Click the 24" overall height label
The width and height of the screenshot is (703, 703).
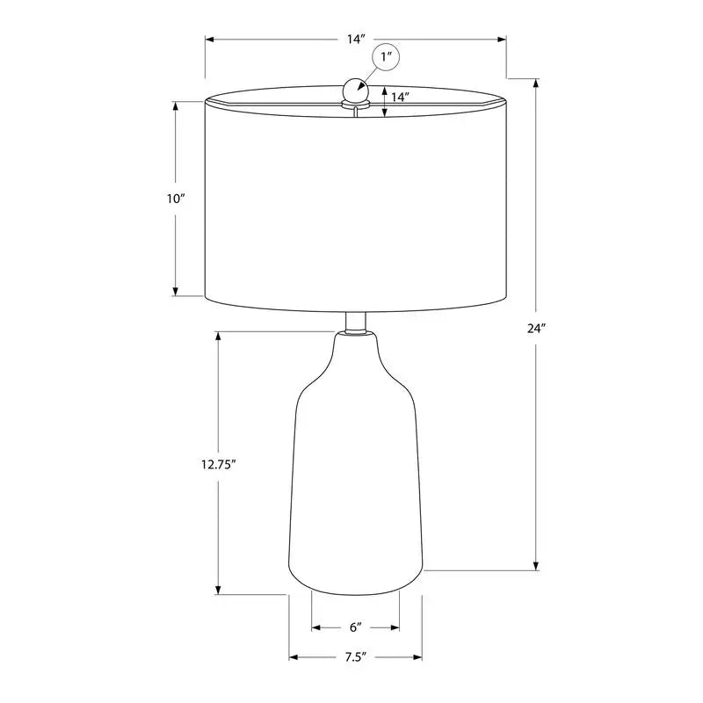tap(537, 329)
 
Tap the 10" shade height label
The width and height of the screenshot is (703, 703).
tap(176, 199)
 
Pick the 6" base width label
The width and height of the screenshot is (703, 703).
tap(356, 627)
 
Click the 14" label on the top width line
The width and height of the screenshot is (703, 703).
tap(356, 40)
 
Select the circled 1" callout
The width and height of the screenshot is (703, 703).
tap(387, 59)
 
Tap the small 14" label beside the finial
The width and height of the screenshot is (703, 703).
tap(401, 98)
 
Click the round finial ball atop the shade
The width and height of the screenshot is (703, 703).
tap(355, 89)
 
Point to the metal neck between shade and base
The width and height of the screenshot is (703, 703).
tap(356, 322)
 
